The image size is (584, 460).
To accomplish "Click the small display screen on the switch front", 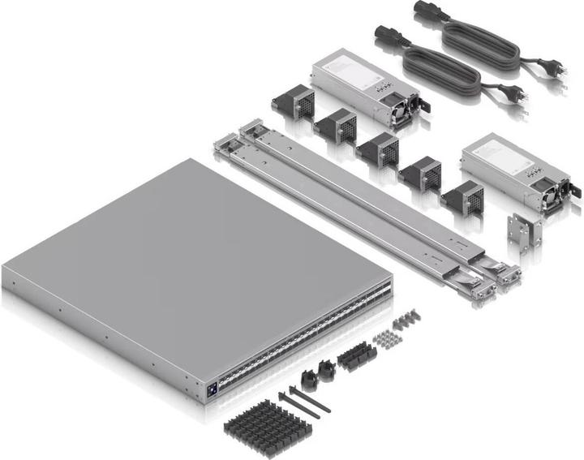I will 210,389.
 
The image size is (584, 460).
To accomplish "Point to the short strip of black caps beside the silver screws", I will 357,355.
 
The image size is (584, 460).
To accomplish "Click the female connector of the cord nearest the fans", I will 384,36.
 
